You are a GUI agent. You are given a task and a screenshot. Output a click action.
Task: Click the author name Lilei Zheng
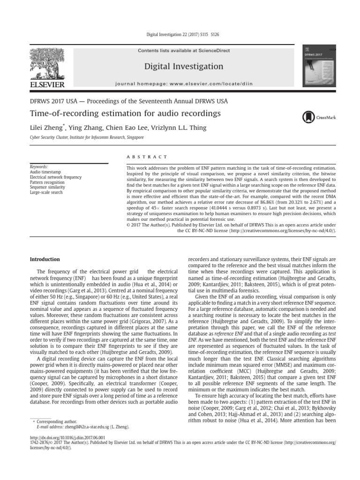(46, 127)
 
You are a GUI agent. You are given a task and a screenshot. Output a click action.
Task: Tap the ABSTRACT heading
(147, 157)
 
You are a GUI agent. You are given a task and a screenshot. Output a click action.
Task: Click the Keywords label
(38, 166)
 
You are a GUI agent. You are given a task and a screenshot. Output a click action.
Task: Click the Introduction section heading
(45, 259)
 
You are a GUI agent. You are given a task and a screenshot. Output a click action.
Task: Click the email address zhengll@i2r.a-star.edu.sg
(87, 427)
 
